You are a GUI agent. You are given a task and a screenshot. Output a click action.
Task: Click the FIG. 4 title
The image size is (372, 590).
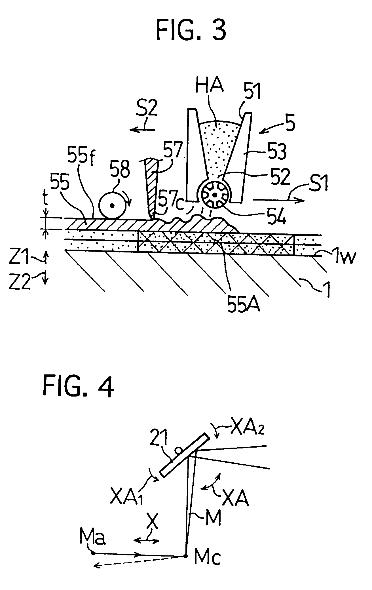[x=79, y=388]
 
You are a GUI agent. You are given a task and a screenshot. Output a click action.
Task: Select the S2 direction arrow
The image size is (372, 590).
[x=143, y=130]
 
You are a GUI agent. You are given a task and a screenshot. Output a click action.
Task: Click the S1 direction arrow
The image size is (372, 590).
[x=278, y=200]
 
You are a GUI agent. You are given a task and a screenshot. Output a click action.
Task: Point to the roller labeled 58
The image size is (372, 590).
[x=113, y=206]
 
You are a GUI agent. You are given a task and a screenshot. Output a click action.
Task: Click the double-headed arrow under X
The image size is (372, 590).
[x=146, y=541]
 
